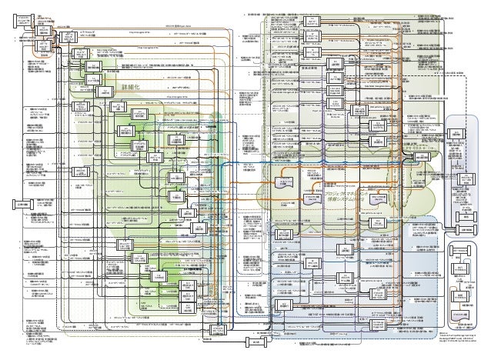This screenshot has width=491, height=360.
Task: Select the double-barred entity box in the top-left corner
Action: click(25, 19)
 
